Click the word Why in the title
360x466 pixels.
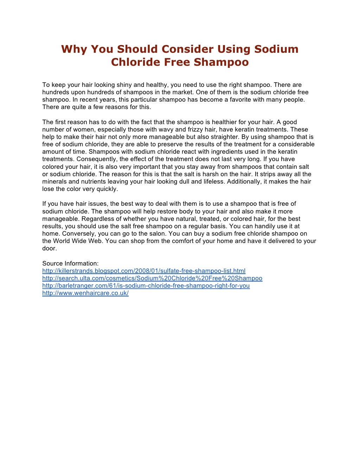click(x=74, y=49)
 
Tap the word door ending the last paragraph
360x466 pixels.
click(x=49, y=248)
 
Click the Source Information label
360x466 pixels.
click(x=70, y=263)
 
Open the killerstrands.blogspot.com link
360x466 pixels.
click(x=144, y=271)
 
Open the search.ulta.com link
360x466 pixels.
click(x=152, y=278)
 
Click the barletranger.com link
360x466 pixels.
click(x=146, y=286)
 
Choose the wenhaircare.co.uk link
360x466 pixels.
click(x=85, y=293)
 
